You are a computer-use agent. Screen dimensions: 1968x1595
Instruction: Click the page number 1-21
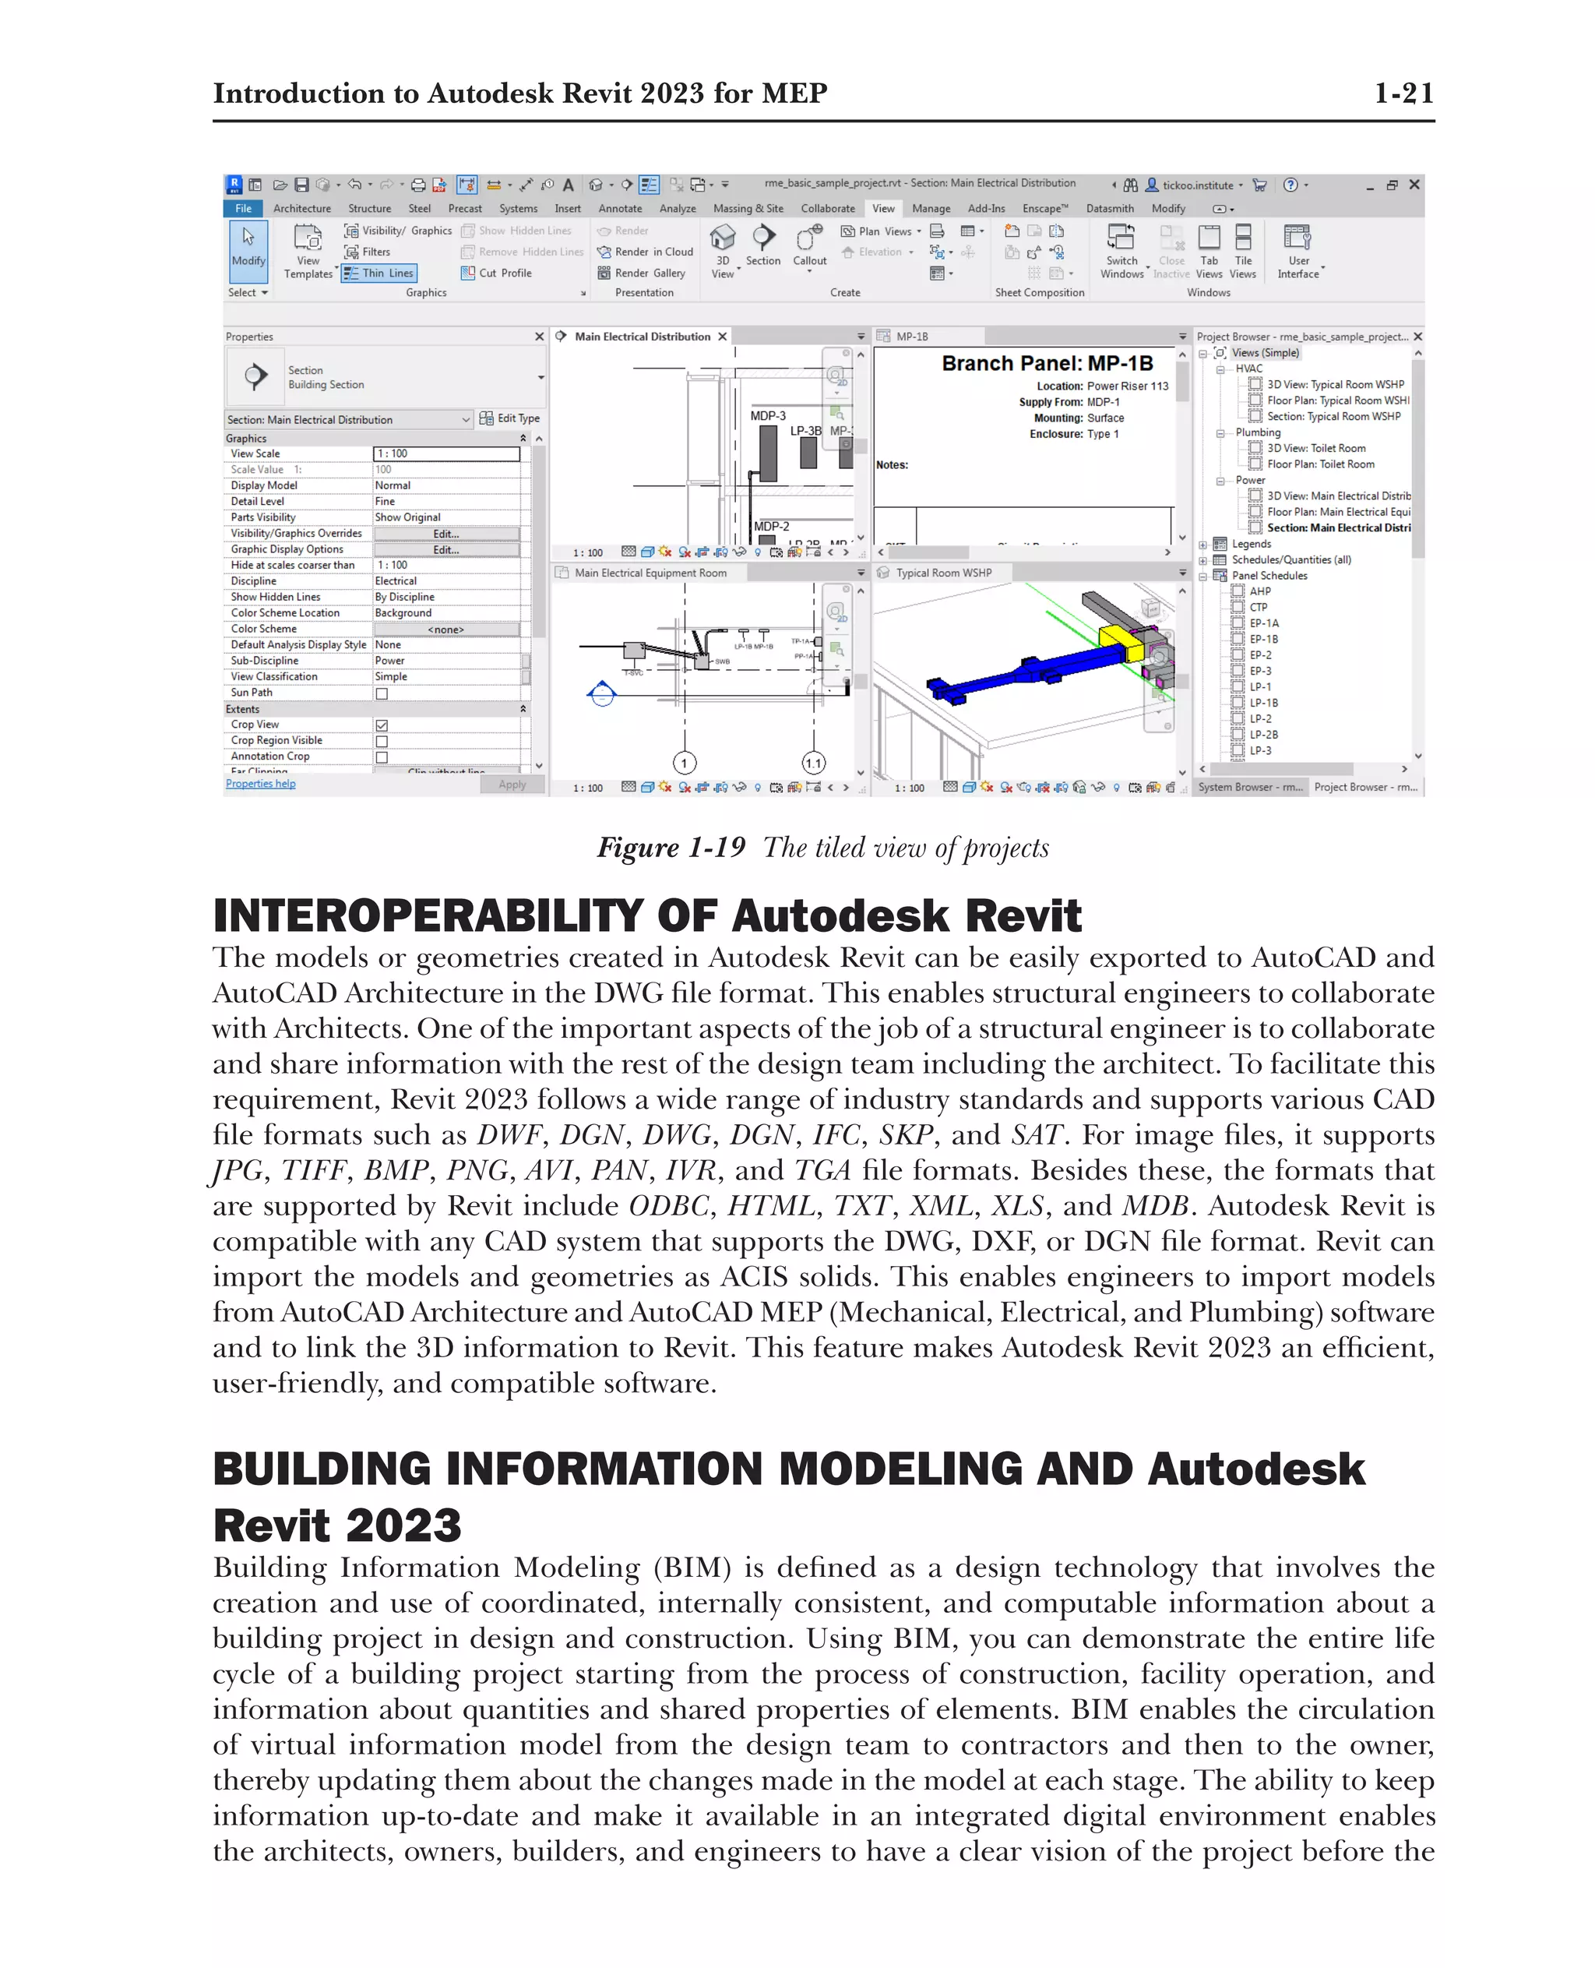click(x=1402, y=93)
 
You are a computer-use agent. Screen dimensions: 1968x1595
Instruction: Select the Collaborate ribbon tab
click(x=827, y=209)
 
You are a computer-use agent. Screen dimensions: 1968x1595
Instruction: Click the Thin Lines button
click(x=379, y=273)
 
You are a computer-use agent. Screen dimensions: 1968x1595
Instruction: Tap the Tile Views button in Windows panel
click(x=1242, y=252)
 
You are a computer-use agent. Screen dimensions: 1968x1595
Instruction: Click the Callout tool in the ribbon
click(x=809, y=247)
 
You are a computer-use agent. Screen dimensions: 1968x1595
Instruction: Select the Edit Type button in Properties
click(x=511, y=418)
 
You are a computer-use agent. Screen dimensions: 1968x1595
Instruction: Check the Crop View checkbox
click(x=382, y=725)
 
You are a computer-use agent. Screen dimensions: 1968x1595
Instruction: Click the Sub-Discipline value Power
click(x=389, y=661)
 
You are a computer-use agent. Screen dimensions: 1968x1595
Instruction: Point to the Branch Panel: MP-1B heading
click(x=1047, y=364)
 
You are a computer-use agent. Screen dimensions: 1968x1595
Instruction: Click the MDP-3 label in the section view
click(x=767, y=415)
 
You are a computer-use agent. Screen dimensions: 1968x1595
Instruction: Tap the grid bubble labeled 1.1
click(x=813, y=763)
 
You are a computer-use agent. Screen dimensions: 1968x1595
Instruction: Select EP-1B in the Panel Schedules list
click(x=1263, y=639)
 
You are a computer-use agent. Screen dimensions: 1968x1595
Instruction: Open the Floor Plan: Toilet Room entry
click(x=1320, y=464)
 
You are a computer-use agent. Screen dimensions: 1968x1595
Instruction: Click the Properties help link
click(x=261, y=784)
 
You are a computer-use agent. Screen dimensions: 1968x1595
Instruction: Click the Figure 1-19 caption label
click(x=671, y=848)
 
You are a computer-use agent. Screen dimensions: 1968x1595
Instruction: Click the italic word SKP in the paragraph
click(x=905, y=1135)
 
